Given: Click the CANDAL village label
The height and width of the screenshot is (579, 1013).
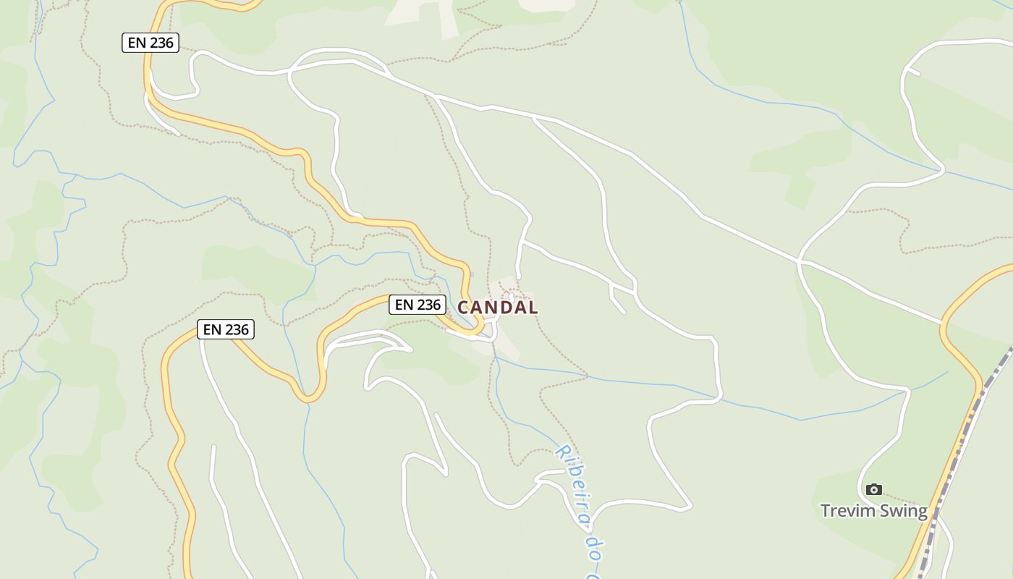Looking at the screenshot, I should (498, 308).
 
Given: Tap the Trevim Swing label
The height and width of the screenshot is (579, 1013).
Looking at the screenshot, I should (873, 511).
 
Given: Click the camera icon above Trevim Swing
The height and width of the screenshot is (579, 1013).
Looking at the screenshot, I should (874, 490).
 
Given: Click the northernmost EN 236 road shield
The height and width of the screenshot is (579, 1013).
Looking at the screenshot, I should (151, 43).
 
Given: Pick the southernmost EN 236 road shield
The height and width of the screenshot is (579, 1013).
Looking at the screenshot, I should (226, 330).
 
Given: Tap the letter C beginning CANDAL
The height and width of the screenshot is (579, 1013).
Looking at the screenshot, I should (464, 308).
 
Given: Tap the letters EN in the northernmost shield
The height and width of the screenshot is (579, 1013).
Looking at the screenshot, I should (137, 43).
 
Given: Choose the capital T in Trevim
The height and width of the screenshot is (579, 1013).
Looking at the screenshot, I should (826, 511).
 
